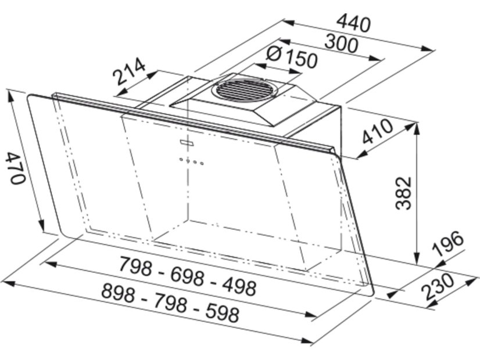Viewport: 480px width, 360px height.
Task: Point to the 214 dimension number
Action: (x=128, y=73)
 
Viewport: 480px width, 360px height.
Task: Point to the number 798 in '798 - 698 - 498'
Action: (x=135, y=268)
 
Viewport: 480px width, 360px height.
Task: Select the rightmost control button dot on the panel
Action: (x=202, y=163)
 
